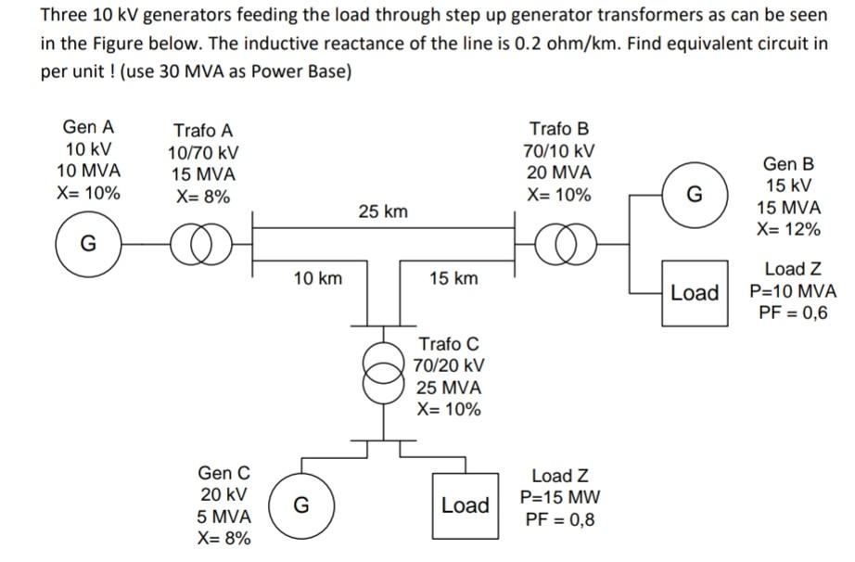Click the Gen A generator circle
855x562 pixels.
tap(88, 245)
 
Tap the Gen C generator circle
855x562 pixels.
tap(300, 505)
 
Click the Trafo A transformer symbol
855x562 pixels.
tap(202, 245)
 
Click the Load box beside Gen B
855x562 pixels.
tap(695, 293)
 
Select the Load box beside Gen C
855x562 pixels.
tap(465, 505)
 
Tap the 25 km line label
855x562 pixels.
tap(382, 212)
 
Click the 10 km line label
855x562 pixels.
tap(317, 277)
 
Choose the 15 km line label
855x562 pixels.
tap(453, 277)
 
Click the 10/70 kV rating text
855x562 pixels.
tap(202, 153)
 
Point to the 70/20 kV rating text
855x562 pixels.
tap(449, 366)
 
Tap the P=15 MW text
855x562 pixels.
tap(559, 497)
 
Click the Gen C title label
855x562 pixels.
tap(223, 474)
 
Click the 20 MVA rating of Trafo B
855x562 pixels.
tap(559, 173)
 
